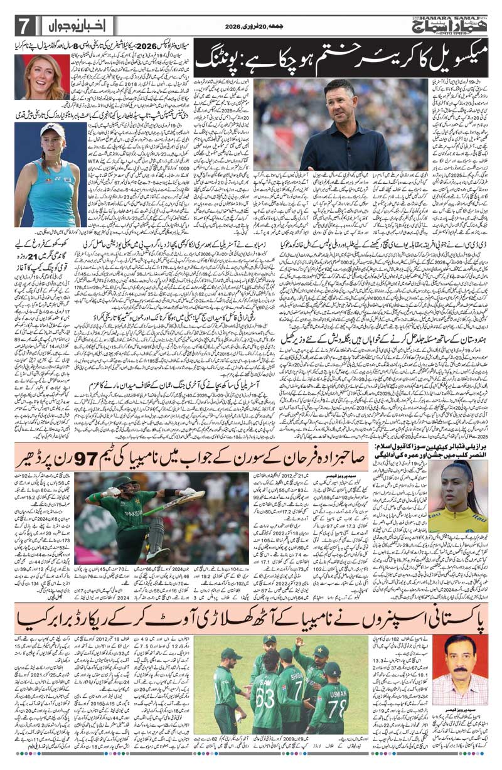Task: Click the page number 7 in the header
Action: (23, 26)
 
